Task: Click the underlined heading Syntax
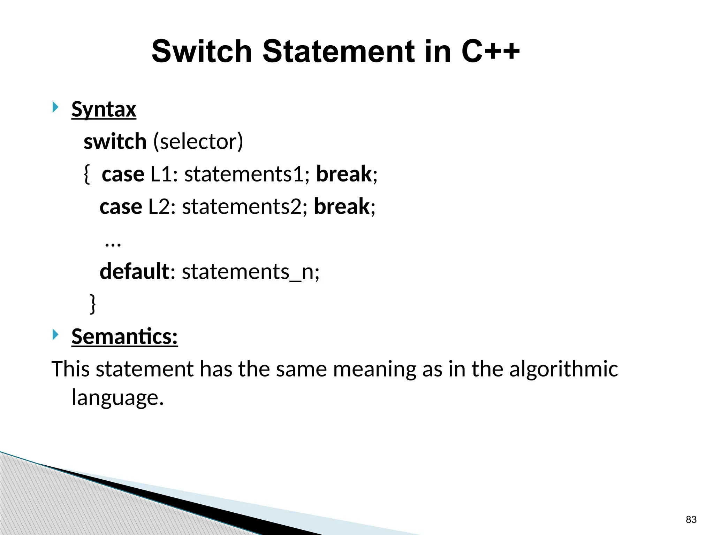tap(104, 110)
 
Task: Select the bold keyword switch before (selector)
tap(115, 142)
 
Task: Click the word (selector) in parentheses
tap(198, 142)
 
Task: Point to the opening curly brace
tap(87, 174)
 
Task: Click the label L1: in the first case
tap(164, 174)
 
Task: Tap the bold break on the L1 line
tap(344, 174)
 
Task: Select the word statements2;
tap(244, 207)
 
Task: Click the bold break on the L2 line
tap(342, 207)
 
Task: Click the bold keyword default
tap(134, 271)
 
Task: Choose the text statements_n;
tap(250, 271)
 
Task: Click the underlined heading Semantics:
tap(124, 337)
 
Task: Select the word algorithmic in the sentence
tap(563, 369)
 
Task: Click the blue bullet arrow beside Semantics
tap(55, 335)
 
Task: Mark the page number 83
tap(691, 519)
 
